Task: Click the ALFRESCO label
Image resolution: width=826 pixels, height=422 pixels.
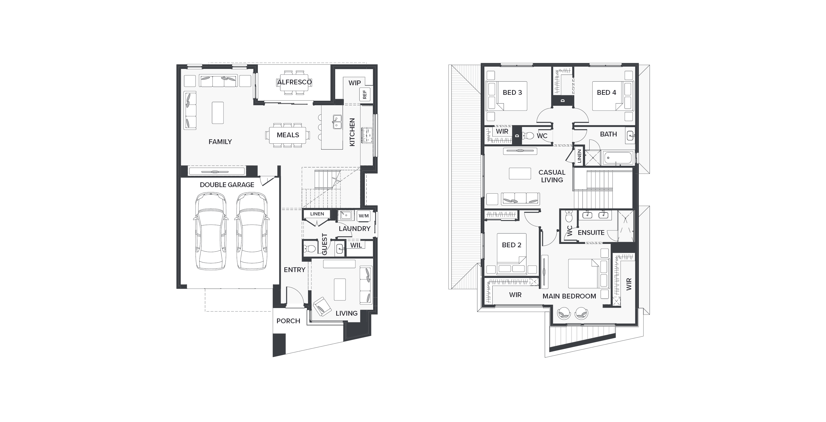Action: pos(294,82)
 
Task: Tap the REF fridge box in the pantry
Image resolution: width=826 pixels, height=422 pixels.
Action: pos(365,95)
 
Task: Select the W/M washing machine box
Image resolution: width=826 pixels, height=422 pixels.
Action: pos(363,216)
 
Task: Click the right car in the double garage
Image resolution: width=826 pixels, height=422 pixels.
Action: pos(252,231)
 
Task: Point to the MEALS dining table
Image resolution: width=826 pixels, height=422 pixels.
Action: pos(288,135)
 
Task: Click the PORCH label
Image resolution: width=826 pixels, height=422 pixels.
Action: pos(288,321)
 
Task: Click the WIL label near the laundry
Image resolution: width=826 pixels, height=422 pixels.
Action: pos(356,245)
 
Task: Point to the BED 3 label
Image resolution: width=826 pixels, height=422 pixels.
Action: pos(512,93)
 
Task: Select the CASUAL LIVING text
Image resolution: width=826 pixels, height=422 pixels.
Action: pos(552,176)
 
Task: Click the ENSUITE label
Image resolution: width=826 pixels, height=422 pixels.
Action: pos(591,233)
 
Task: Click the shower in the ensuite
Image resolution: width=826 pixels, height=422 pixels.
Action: pos(626,226)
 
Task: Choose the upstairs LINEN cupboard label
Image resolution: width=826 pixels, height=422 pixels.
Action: pos(579,156)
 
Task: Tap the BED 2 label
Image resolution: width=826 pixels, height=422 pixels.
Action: pos(511,245)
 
